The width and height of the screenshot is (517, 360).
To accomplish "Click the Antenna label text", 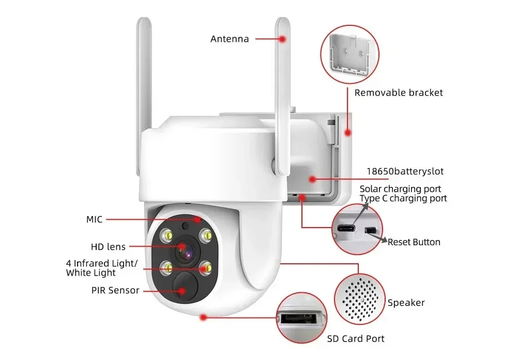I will coord(230,39).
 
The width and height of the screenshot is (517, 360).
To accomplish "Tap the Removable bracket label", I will coord(399,93).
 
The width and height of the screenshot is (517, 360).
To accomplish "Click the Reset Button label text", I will coord(414,242).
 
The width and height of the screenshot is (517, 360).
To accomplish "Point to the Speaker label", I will coord(406,303).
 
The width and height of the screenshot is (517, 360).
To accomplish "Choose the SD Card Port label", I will coord(356,339).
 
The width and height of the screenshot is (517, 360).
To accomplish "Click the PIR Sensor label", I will coord(115,290).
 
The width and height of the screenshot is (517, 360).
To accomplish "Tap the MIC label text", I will coord(95,219).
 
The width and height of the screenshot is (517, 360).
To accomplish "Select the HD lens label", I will coord(108,247).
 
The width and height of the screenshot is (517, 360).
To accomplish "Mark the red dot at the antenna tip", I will coord(283,39).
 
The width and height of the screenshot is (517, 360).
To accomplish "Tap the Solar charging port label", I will coord(400,189).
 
